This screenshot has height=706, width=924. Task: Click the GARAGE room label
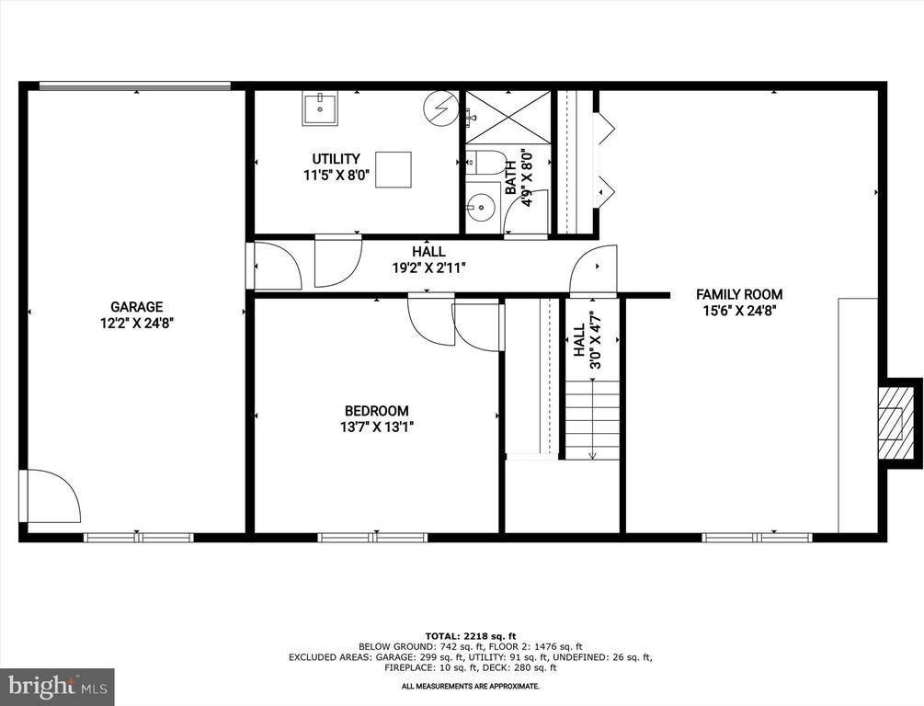point(137,307)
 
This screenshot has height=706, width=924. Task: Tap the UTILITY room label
point(336,159)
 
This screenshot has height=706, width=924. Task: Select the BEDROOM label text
point(377,411)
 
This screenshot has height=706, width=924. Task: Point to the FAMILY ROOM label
point(739,295)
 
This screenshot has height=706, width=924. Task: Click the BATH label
point(511,178)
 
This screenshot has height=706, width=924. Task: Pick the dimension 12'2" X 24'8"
point(137,323)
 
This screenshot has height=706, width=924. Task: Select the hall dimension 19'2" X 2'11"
point(429,268)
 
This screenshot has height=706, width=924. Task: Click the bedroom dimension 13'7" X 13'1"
point(377,427)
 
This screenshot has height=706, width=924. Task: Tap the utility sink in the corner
point(321,108)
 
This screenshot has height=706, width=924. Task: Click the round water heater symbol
point(440,108)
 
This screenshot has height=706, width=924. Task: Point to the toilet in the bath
point(486,163)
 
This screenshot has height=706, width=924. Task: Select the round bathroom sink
point(481,207)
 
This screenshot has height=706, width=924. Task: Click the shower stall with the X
point(508,117)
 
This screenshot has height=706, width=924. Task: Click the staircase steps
point(593,420)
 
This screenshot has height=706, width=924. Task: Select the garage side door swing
point(50,495)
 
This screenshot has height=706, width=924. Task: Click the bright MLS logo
point(57,687)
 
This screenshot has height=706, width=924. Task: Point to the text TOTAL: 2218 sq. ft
point(470,636)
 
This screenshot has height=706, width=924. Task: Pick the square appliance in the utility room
point(394,170)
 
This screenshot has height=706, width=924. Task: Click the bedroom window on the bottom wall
point(372,538)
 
